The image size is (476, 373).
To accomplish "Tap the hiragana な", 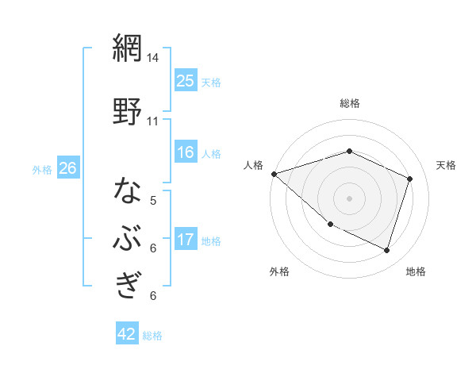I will (127, 191).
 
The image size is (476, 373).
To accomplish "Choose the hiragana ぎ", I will (127, 283).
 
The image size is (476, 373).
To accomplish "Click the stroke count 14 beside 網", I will (153, 58).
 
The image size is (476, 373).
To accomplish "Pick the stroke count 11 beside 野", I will (153, 121).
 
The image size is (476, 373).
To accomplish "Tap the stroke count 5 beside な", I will (153, 201).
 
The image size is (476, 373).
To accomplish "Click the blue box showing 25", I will (185, 81).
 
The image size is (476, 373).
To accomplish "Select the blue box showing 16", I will (185, 152).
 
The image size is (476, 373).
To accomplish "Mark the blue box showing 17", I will (185, 239).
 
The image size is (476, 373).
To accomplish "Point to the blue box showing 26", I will (67, 168).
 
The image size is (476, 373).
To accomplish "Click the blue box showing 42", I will (127, 334).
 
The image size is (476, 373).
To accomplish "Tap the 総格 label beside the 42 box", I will (152, 336).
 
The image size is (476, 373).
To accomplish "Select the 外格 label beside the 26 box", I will (42, 169).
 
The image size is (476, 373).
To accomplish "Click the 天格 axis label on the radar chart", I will (446, 165).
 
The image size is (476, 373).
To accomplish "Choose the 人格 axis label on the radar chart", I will (253, 165).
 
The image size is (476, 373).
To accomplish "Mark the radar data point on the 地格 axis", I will (386, 251).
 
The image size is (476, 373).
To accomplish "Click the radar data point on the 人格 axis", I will (274, 174).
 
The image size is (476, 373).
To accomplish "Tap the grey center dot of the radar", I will (349, 198).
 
